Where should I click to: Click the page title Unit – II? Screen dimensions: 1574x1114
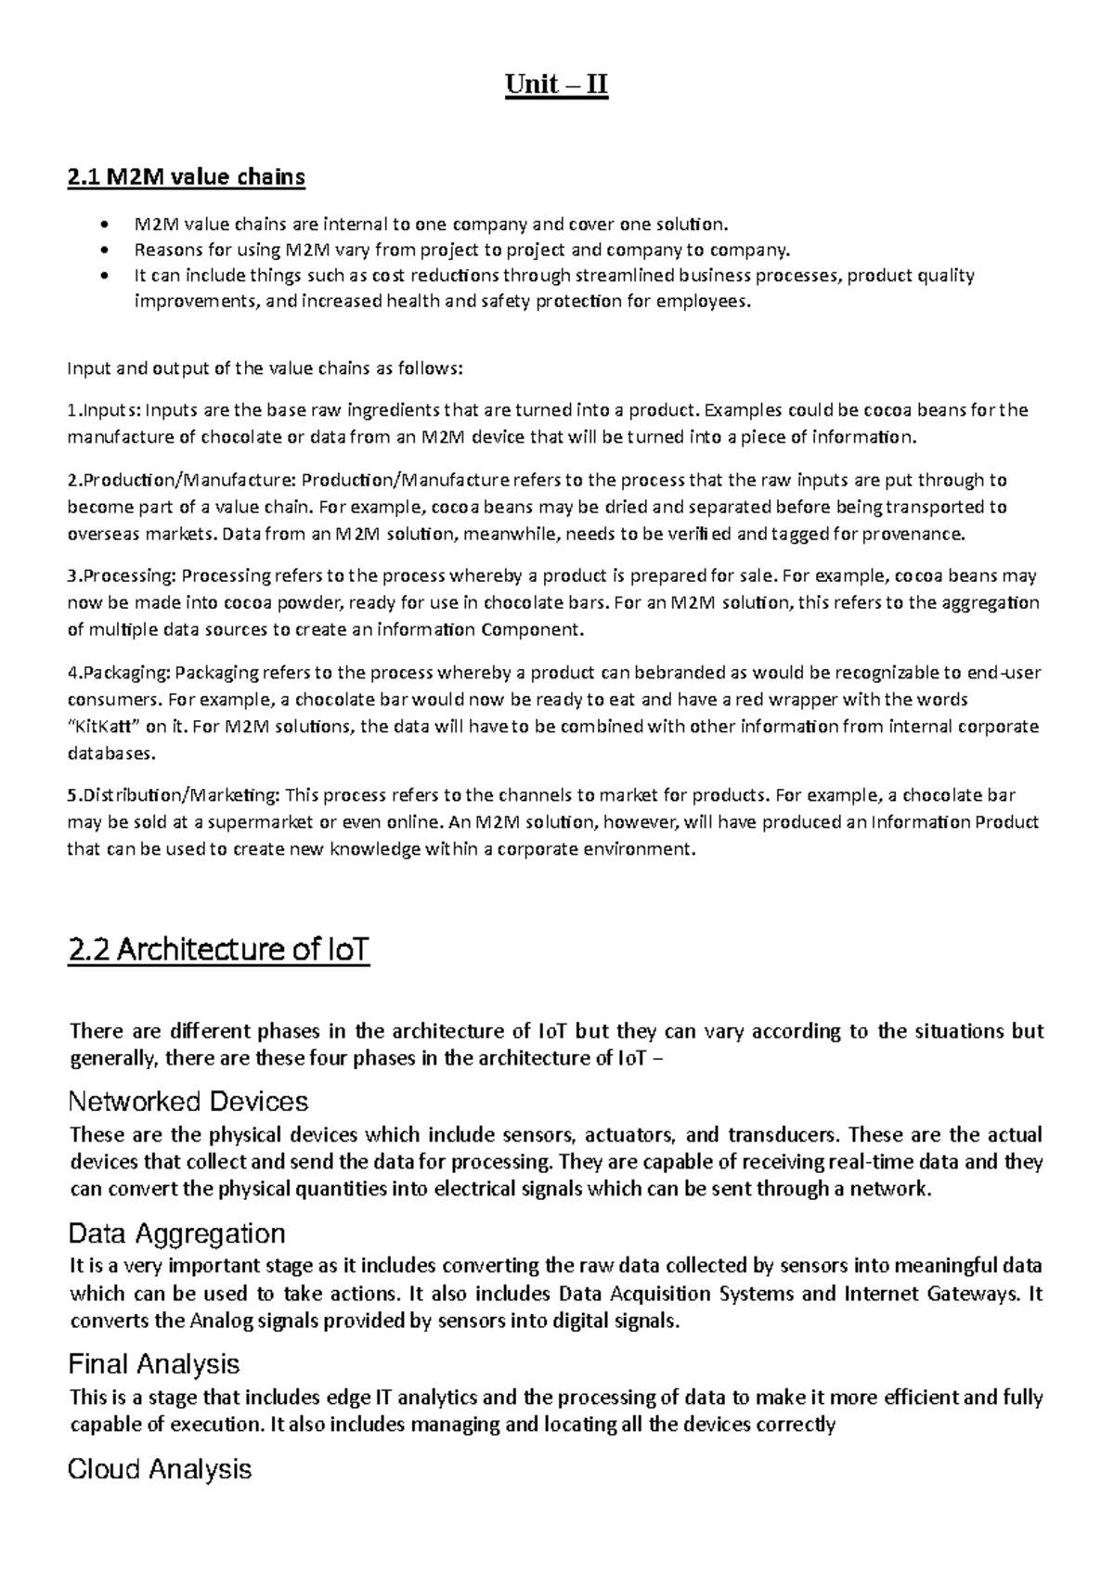[x=556, y=85]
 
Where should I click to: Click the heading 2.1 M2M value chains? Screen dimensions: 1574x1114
[x=186, y=176]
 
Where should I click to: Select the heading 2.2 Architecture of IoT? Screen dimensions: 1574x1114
[x=219, y=949]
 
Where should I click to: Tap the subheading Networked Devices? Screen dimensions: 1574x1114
[x=188, y=1102]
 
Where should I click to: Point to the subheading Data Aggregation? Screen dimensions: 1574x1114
[x=176, y=1233]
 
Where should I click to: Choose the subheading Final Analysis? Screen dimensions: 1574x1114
[x=154, y=1363]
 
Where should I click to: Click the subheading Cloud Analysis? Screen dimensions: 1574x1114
[x=160, y=1469]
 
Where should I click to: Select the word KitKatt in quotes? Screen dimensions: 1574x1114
[x=105, y=726]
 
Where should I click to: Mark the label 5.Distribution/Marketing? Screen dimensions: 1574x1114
[x=173, y=794]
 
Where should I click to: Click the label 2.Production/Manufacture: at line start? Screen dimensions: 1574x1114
[x=181, y=480]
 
